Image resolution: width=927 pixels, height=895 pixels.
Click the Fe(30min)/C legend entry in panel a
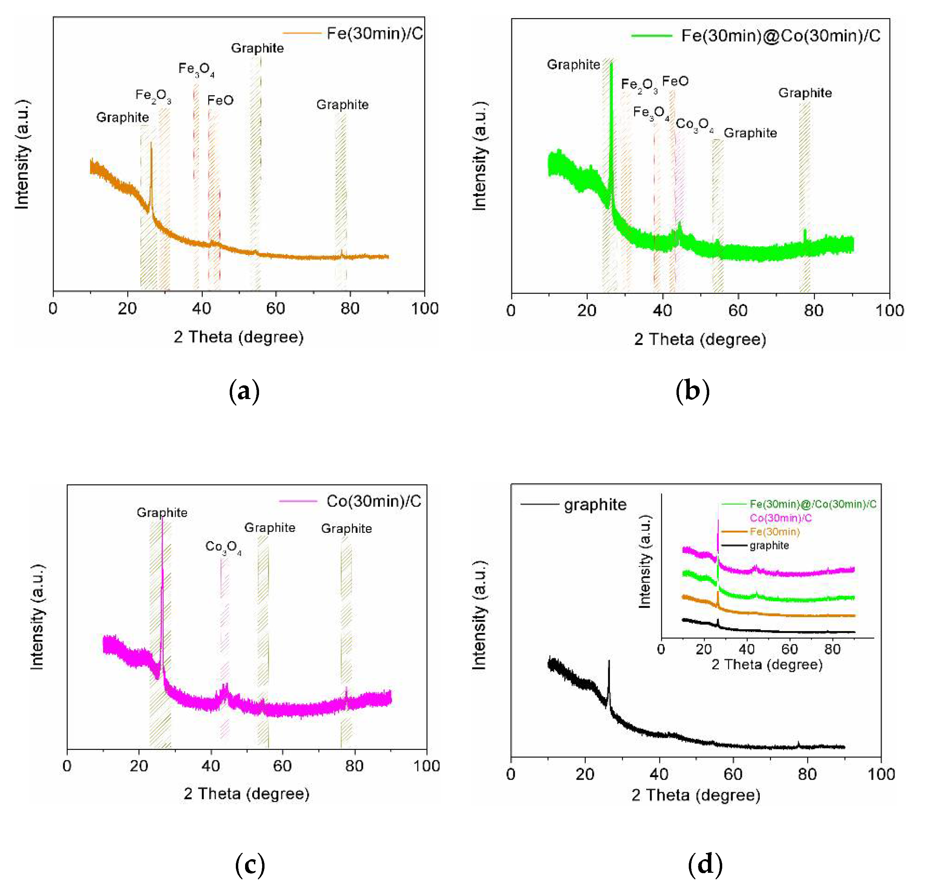[374, 33]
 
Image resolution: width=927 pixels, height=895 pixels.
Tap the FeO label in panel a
[220, 100]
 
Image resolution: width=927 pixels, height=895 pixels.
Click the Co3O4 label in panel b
[694, 124]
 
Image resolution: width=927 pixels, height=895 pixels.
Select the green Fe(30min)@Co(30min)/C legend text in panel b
[780, 35]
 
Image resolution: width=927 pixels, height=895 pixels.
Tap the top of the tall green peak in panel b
[611, 64]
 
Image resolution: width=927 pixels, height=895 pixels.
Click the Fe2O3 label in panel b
[639, 85]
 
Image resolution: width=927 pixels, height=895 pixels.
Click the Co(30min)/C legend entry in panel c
[373, 501]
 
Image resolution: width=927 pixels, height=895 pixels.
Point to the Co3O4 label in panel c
[223, 547]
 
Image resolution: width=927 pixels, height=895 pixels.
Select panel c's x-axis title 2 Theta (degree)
[246, 793]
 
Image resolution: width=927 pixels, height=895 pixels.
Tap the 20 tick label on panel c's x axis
[139, 766]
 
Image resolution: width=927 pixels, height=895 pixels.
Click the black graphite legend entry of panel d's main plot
[595, 505]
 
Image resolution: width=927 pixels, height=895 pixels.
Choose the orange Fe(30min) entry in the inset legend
[775, 532]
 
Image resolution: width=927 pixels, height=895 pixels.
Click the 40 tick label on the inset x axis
[747, 649]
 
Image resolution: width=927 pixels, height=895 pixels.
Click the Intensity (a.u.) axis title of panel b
[479, 156]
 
